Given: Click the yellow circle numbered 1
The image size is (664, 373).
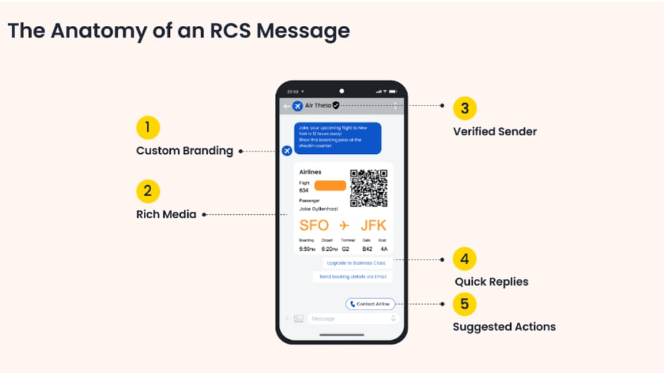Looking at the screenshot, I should click(x=148, y=128).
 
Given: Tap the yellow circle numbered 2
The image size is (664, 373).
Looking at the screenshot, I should click(x=148, y=191).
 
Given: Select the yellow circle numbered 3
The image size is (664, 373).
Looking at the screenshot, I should click(x=464, y=108).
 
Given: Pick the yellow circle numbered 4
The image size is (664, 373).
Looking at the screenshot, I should click(x=464, y=259).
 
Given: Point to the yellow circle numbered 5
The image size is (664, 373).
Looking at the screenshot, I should click(x=464, y=304).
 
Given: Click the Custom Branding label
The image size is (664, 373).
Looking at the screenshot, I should click(x=184, y=151).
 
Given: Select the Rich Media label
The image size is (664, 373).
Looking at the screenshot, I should click(x=166, y=214).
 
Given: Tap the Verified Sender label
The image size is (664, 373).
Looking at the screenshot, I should click(x=495, y=131).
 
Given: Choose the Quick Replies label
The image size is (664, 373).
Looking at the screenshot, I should click(x=491, y=282).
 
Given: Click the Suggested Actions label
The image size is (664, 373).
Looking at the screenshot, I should click(x=504, y=326).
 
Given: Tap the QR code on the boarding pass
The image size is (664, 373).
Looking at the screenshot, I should click(x=368, y=188).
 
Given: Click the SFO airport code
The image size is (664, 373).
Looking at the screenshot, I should click(x=314, y=225).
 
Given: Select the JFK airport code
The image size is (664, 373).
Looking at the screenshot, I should click(x=373, y=225).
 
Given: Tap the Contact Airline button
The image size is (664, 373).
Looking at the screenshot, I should click(x=370, y=304).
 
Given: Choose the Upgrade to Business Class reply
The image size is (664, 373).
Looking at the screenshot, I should click(x=357, y=263).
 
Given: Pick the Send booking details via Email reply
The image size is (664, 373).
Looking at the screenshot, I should click(x=352, y=277).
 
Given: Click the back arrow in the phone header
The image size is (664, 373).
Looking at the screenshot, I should click(x=286, y=106).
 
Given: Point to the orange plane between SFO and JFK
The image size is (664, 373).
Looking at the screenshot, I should click(x=344, y=225).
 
